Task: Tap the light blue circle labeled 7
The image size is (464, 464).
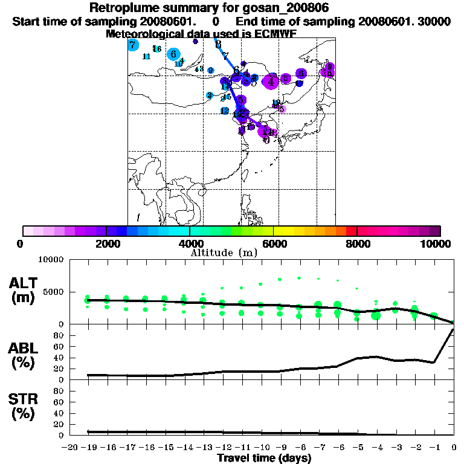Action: point(133,45)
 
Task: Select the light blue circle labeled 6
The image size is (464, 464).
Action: point(173,54)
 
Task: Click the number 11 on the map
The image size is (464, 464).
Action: point(146,57)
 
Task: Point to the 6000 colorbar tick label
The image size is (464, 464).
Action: point(274,243)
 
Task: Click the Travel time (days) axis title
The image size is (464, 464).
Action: point(264,459)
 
